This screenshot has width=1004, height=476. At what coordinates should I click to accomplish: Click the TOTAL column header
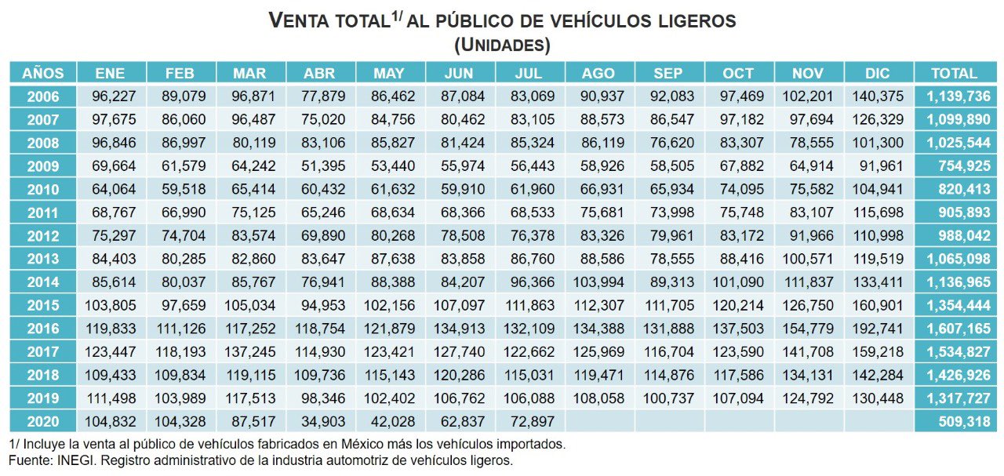point(954,73)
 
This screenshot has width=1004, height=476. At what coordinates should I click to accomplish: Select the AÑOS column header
point(43,73)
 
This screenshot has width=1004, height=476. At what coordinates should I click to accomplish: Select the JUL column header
point(529,73)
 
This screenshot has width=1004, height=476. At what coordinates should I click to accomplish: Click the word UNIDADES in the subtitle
point(502,45)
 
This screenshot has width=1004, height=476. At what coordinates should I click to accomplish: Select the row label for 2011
point(43,213)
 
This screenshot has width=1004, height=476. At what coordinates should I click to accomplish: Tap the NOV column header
point(808,73)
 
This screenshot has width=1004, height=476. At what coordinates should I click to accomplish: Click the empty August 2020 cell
point(598,422)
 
